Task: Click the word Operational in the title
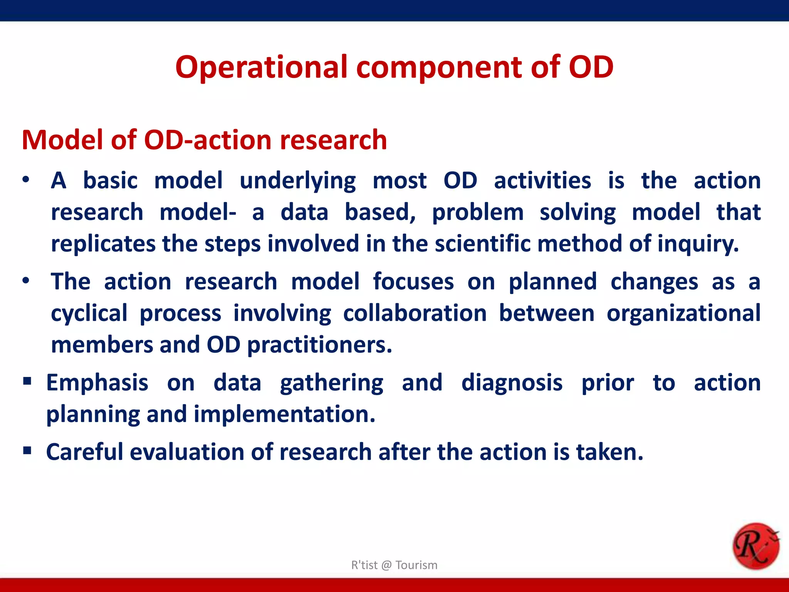(261, 67)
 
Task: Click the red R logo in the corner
(755, 546)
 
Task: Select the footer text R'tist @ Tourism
(394, 565)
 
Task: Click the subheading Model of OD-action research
(204, 140)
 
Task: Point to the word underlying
(297, 181)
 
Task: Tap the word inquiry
(698, 244)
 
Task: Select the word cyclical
(89, 314)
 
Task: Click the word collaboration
(415, 313)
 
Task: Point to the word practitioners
(319, 345)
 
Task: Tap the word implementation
(284, 414)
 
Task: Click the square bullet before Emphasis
(27, 382)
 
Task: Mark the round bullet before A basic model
(26, 180)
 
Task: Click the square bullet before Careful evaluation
(27, 451)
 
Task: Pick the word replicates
(103, 244)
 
